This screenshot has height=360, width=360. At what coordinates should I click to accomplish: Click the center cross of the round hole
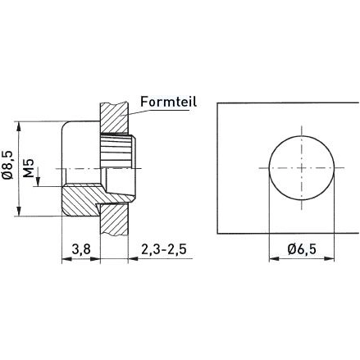[303, 166]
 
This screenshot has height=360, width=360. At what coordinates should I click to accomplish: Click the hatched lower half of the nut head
[80, 200]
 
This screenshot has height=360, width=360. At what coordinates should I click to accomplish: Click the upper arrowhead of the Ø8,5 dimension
[18, 125]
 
